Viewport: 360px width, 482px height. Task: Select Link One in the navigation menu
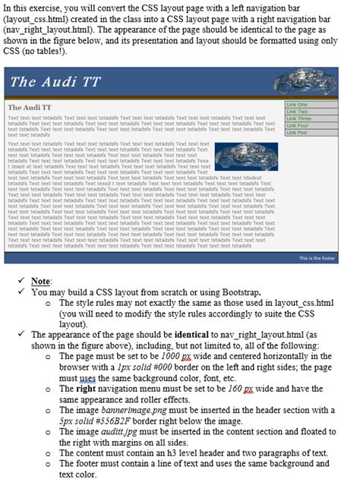[297, 105]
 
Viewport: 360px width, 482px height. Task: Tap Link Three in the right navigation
[298, 119]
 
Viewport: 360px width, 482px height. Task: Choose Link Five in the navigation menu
[297, 133]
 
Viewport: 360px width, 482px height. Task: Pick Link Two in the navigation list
[297, 112]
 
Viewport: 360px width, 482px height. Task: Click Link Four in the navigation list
[297, 126]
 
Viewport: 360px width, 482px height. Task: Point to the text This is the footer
[317, 258]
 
